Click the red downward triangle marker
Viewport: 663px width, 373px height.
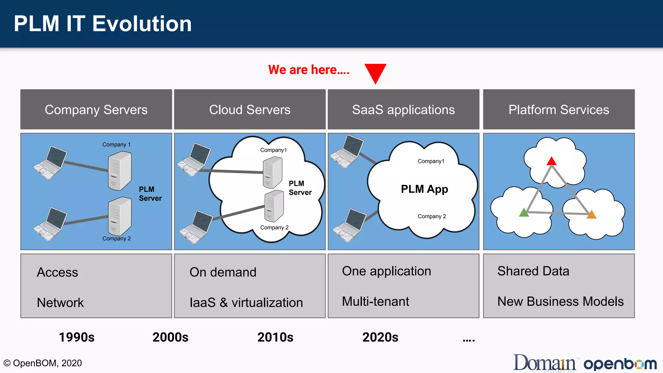[x=375, y=72]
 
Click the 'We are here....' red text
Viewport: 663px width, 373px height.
[x=309, y=70]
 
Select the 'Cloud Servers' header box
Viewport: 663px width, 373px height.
[x=250, y=109]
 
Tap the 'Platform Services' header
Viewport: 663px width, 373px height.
[x=558, y=109]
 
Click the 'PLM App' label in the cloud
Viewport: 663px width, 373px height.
[x=424, y=189]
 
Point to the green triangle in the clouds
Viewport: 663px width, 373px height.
[x=524, y=213]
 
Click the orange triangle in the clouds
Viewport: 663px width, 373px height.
[x=591, y=215]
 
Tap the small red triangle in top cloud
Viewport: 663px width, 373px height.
[x=551, y=161]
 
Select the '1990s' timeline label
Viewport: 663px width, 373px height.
[x=76, y=337]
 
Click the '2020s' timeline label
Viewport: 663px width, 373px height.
[x=380, y=337]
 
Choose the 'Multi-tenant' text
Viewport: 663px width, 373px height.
[x=375, y=301]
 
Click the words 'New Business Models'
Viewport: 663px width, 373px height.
[x=560, y=301]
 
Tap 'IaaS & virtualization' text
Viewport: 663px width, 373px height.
[x=246, y=302]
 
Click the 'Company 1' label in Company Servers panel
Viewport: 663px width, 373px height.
[x=117, y=144]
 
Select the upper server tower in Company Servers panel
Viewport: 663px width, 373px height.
[x=119, y=171]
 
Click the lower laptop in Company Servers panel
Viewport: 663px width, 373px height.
[x=50, y=224]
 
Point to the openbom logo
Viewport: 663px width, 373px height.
[x=620, y=364]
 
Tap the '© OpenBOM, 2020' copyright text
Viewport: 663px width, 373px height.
[x=42, y=363]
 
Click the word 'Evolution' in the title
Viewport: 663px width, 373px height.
[x=142, y=24]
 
